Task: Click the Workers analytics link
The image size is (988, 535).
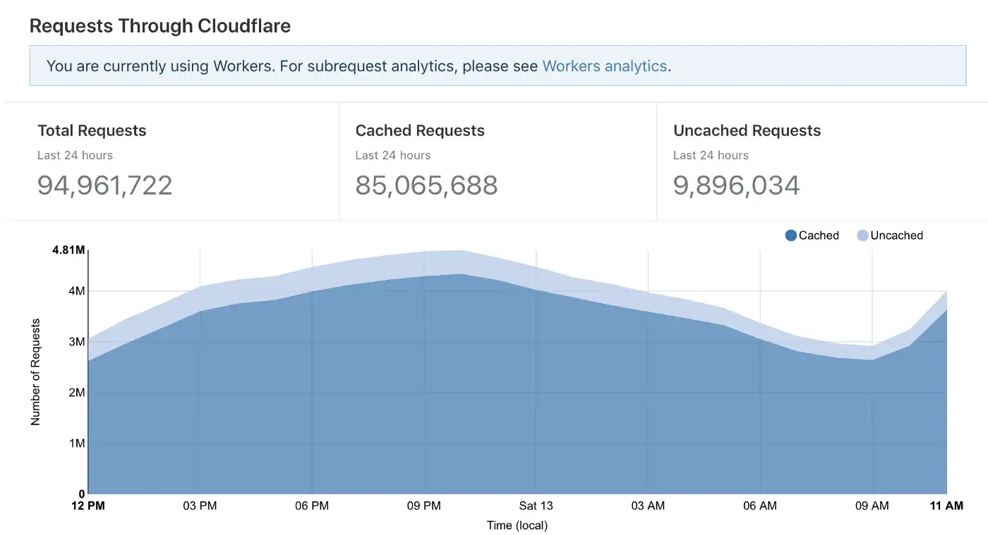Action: pos(604,66)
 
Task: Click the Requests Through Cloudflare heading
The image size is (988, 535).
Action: pos(160,26)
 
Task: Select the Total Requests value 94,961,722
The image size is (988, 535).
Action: pos(104,185)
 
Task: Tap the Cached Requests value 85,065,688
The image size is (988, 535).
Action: pos(426,185)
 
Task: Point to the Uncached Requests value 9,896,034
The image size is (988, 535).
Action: pos(736,185)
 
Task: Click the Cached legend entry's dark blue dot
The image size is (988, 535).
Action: pos(790,235)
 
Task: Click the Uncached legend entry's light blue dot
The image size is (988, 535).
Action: pos(862,235)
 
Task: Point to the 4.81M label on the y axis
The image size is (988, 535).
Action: pos(68,250)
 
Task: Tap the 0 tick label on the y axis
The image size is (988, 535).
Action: pos(81,494)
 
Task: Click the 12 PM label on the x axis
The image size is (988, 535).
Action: pos(88,506)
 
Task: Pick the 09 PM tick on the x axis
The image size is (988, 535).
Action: pos(423,506)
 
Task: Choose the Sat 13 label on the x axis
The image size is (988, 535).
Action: pos(536,506)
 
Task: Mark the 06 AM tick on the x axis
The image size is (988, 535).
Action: pos(760,506)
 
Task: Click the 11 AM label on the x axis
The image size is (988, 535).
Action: pos(946,506)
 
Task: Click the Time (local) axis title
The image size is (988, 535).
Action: pos(517,525)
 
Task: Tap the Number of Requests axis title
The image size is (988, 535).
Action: pos(36,372)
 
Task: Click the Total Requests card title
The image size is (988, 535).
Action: pos(92,130)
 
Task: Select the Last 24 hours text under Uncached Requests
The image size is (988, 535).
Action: pos(711,155)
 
